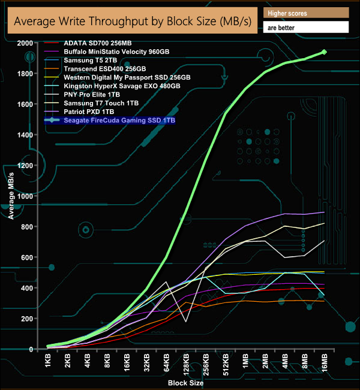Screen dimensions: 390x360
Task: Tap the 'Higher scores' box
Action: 306,13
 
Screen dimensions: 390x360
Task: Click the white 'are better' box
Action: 306,28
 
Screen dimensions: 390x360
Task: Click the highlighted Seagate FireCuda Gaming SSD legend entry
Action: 113,120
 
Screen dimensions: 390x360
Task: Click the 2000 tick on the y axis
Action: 25,43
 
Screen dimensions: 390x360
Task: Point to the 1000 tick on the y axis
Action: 25,196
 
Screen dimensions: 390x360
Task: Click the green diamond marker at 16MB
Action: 324,52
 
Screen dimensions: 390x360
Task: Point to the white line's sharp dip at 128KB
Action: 186,322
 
